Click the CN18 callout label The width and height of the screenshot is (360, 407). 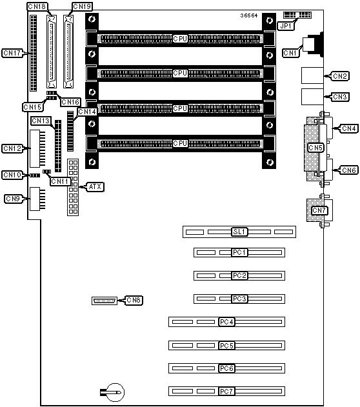tap(37, 6)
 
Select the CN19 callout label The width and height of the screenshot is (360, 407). tap(82, 6)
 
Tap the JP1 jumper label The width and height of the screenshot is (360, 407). tap(286, 26)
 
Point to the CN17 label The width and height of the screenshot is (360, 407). tap(12, 53)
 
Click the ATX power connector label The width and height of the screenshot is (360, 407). tap(95, 186)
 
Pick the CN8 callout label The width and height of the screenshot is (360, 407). tap(134, 301)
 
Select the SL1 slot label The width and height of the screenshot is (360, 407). tap(239, 232)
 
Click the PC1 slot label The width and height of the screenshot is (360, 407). tap(239, 252)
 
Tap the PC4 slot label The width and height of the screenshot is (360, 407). tap(226, 322)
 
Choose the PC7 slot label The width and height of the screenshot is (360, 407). tap(226, 391)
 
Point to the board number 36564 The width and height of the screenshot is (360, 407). tap(248, 15)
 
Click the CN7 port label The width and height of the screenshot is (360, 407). tap(319, 210)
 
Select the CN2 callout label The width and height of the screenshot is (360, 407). tap(339, 76)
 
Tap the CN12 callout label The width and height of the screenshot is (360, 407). tap(12, 148)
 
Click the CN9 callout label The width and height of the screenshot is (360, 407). tap(13, 199)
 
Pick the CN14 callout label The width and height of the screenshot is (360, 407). tap(87, 112)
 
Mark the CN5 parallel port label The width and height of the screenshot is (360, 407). tap(315, 148)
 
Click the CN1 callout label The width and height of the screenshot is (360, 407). tap(290, 53)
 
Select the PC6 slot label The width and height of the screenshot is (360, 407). tap(226, 368)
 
